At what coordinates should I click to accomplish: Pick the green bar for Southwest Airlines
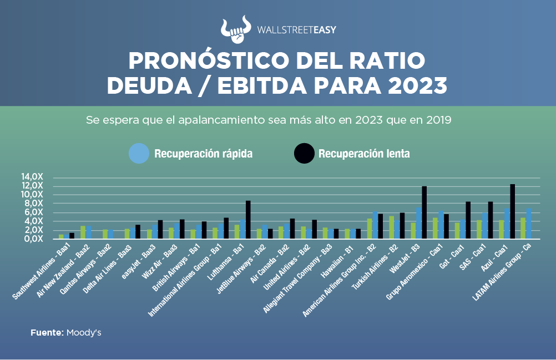point(61,236)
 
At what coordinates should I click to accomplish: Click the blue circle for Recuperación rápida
point(138,153)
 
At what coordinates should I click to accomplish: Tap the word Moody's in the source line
point(84,333)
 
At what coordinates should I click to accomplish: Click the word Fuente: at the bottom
point(47,333)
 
